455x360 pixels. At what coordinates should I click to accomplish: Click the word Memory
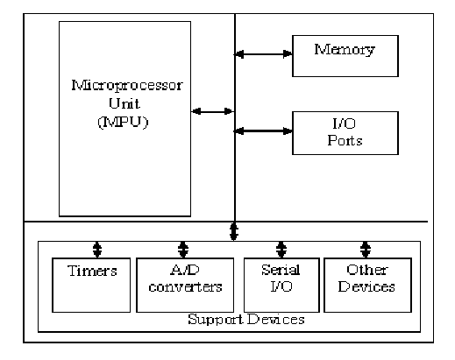pyautogui.click(x=345, y=49)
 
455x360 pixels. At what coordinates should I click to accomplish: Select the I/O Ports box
pyautogui.click(x=345, y=132)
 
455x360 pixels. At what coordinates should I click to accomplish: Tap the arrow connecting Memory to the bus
pyautogui.click(x=263, y=55)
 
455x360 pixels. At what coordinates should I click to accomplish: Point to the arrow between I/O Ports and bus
pyautogui.click(x=263, y=131)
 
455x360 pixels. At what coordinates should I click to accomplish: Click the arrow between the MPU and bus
pyautogui.click(x=213, y=111)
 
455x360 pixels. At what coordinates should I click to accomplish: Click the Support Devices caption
pyautogui.click(x=246, y=320)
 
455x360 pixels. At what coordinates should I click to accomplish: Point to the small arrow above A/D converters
pyautogui.click(x=182, y=248)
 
